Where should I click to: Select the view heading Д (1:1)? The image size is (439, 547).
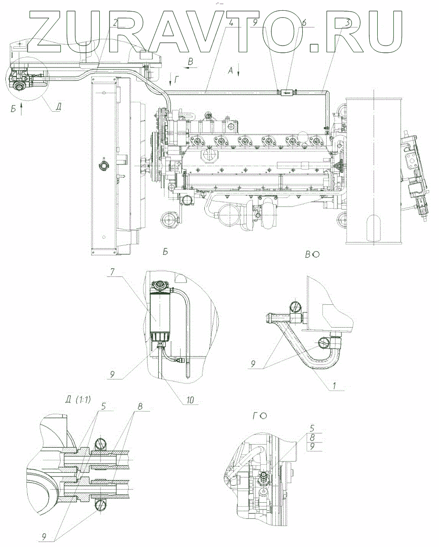pyautogui.click(x=77, y=400)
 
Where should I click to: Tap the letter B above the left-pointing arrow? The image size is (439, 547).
pyautogui.click(x=191, y=61)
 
